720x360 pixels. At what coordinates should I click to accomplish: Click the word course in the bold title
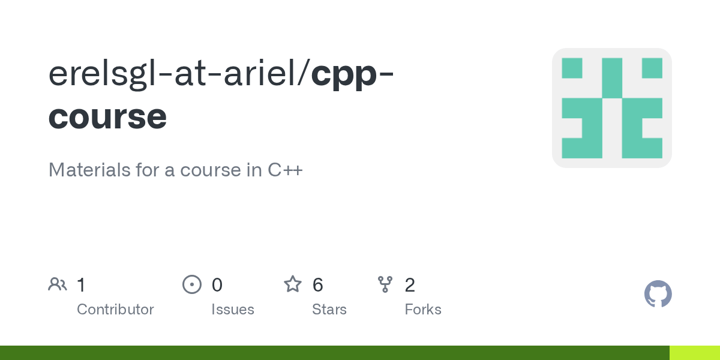coord(107,116)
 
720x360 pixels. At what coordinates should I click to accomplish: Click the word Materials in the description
coord(89,170)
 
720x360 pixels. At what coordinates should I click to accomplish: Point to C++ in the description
coord(285,170)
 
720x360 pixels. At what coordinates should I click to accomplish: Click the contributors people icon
coord(58,284)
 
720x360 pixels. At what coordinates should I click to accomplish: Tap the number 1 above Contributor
coord(82,285)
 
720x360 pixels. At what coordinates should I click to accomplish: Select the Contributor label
coord(115,310)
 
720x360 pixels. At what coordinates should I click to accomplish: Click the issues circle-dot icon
coord(192,284)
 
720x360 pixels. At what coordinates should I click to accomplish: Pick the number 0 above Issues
coord(217,285)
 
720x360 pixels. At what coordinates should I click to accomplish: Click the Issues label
coord(233,310)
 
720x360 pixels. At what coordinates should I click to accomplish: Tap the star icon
coord(293,284)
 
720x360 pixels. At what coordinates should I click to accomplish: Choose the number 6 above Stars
coord(317,285)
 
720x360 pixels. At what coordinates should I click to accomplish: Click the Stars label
coord(329,310)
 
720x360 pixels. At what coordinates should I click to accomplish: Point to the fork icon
coord(385,284)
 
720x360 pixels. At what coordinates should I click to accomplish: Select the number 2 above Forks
coord(410,285)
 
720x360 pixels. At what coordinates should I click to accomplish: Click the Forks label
coord(423,310)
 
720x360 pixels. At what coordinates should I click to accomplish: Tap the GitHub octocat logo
coord(658,294)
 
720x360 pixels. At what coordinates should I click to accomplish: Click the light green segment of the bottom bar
coord(695,353)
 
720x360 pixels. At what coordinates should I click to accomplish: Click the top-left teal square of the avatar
coord(572,68)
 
